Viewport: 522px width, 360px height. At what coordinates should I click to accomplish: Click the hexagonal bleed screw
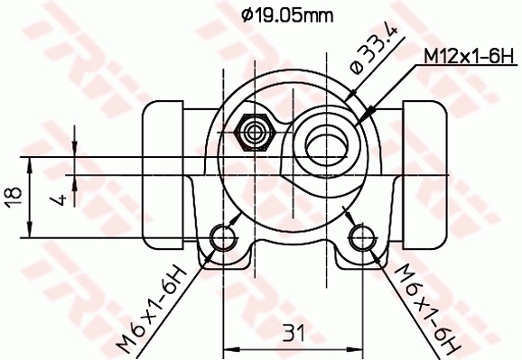[256, 133]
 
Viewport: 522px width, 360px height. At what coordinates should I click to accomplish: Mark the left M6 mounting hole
[223, 239]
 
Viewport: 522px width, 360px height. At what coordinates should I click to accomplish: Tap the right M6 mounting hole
[362, 239]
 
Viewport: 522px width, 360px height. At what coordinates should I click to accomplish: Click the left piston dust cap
[165, 136]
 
